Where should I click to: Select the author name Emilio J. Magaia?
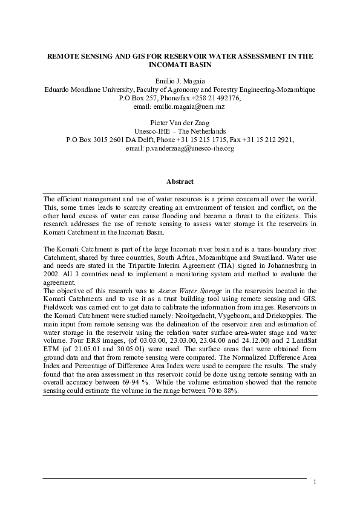pos(180,80)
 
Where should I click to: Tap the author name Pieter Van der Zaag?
pos(180,122)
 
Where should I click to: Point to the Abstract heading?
pos(180,181)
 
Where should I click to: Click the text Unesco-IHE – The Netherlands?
pos(180,131)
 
